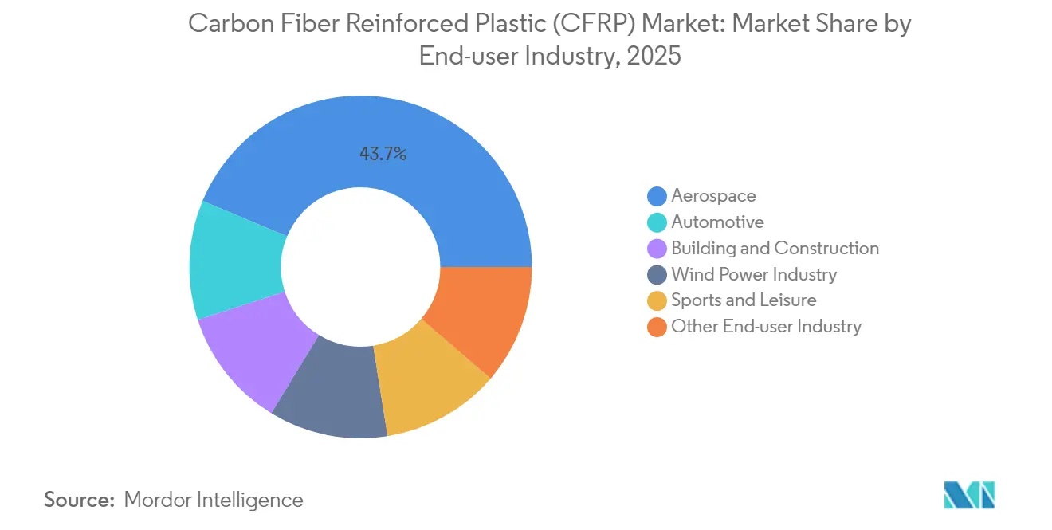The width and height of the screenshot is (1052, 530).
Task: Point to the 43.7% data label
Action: click(x=383, y=155)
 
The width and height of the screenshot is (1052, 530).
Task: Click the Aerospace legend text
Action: click(x=713, y=195)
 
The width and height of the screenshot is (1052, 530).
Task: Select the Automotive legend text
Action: click(x=717, y=222)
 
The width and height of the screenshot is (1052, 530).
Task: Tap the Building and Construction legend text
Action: click(x=775, y=248)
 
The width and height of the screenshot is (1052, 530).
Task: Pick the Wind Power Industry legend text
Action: click(x=754, y=274)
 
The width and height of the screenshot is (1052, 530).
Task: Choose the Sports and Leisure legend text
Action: click(x=744, y=300)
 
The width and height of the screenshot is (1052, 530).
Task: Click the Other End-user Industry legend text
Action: click(x=766, y=326)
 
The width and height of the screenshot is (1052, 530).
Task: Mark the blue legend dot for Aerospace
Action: click(x=657, y=196)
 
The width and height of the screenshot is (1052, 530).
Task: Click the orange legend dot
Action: click(x=657, y=327)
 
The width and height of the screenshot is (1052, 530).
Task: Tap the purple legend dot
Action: click(x=657, y=249)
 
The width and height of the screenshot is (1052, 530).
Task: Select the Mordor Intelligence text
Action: click(x=214, y=500)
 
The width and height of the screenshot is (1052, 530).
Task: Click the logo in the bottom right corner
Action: click(x=969, y=495)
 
